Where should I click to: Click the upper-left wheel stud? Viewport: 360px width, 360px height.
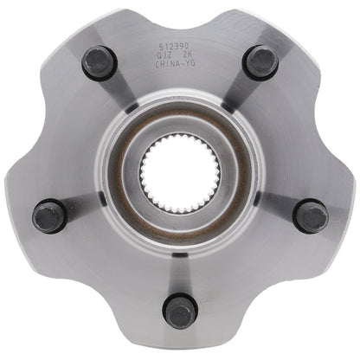point(100,62)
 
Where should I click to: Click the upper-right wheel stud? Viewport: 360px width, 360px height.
point(260,62)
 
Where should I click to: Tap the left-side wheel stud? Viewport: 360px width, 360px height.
point(49,215)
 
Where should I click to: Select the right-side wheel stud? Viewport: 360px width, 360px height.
point(310,215)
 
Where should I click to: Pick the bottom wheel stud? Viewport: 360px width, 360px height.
point(180,310)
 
